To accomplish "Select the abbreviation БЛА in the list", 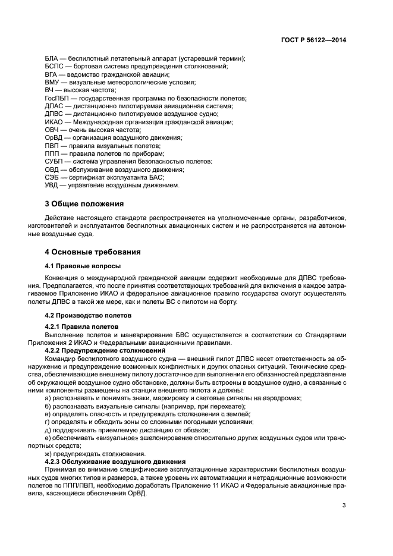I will (x=52, y=58).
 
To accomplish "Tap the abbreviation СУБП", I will (x=55, y=161).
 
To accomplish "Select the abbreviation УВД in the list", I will (x=52, y=185).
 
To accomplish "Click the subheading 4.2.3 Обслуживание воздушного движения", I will (x=111, y=461).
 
